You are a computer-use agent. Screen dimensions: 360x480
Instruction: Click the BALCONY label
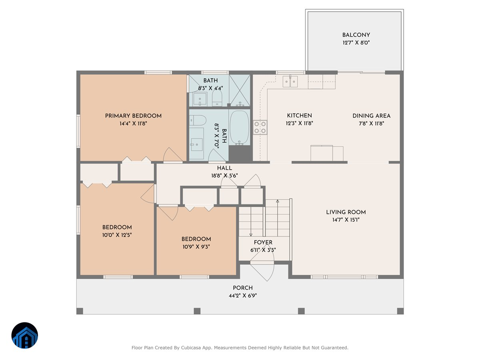coord(356,35)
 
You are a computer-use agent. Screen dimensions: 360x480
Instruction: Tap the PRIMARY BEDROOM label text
coord(133,116)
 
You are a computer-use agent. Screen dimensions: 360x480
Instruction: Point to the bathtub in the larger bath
coord(239,127)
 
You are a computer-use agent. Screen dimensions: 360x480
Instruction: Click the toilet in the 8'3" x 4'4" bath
coord(217,97)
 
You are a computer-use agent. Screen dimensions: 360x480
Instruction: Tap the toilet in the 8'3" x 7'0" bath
coord(198,120)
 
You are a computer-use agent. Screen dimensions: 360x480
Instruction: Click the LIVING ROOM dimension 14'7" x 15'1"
coord(346,220)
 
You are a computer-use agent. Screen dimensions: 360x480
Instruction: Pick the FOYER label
coord(263,242)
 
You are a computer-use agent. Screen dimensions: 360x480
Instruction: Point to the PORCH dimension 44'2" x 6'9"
coord(243,296)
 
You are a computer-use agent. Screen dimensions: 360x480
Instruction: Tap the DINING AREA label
coord(371,116)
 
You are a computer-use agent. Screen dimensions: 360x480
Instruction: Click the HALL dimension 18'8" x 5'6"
coord(224,175)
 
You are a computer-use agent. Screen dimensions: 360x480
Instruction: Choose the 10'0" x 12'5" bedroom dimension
coord(117,235)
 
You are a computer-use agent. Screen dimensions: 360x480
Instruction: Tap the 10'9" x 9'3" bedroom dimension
coord(196,247)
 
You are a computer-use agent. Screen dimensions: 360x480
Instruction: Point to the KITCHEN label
coord(299,116)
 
